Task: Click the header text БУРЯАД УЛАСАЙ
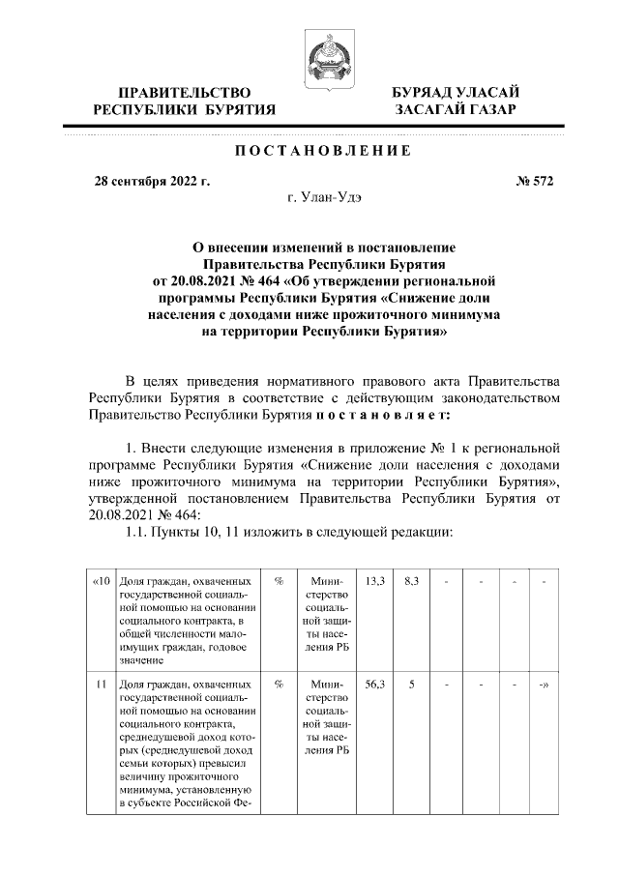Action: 455,92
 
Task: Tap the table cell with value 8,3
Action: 411,580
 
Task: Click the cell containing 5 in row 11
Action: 411,684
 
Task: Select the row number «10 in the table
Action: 101,580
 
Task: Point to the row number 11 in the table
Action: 101,684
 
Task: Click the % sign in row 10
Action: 278,580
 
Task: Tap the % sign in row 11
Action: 278,684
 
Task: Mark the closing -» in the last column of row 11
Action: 545,684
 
